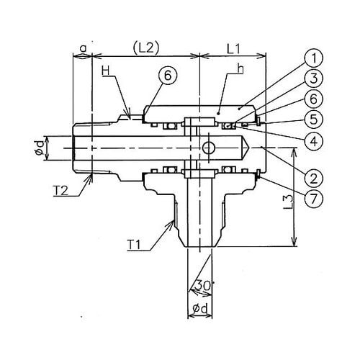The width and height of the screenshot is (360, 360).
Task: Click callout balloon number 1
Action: pos(313,58)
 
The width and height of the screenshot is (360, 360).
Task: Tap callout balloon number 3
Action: pos(313,78)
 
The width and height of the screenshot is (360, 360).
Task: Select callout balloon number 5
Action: pos(313,120)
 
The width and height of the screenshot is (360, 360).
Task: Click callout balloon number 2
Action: pos(313,179)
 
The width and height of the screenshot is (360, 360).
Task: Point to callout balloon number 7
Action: pos(313,199)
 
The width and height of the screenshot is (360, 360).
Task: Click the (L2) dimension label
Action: pos(146,49)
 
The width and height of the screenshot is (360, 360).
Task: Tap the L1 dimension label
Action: pos(233,50)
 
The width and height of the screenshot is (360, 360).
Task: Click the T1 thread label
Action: pos(133,245)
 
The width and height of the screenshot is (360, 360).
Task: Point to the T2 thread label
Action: pos(60,192)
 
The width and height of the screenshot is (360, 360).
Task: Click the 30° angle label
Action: pos(204,286)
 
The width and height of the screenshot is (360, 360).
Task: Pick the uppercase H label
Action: pos(105,71)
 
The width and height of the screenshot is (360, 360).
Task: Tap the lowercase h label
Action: pos(240,69)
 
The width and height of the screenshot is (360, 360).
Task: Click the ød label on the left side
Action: pos(40,148)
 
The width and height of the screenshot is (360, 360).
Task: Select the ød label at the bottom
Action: pos(200,309)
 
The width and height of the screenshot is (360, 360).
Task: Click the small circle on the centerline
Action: pos(208,148)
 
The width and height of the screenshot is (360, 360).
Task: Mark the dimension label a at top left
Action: pos(83,49)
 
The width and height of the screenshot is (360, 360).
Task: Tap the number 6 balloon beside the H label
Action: pos(168,76)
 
